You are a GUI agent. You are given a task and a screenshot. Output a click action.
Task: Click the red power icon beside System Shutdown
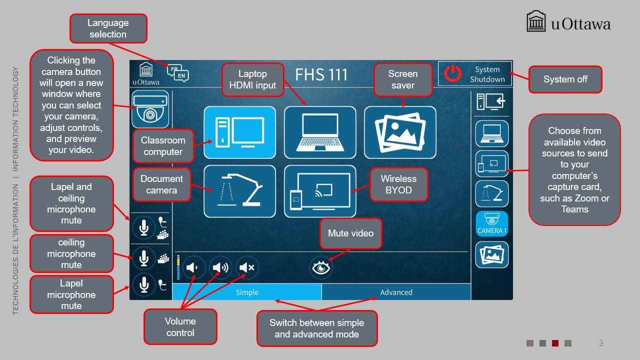click(452, 73)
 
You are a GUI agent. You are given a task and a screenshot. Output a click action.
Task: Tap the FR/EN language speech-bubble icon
click(177, 73)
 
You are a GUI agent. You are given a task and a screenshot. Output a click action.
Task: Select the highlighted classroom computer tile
click(239, 132)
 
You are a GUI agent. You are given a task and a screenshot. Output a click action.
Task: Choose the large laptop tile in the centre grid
click(320, 132)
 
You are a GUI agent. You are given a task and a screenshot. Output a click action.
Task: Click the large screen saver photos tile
click(400, 132)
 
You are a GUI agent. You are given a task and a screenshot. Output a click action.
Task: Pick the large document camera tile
click(239, 191)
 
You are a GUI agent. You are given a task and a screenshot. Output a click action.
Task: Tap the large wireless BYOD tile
click(320, 191)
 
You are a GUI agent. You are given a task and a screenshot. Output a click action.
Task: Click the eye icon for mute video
click(321, 267)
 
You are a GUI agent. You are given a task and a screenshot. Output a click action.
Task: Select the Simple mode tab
click(247, 292)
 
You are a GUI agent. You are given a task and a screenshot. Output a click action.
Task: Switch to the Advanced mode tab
click(396, 292)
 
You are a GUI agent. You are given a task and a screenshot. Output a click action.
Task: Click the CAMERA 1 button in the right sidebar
click(491, 223)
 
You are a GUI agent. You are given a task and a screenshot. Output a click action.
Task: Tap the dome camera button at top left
click(150, 109)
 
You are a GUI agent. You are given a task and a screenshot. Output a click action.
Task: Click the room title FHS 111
click(321, 75)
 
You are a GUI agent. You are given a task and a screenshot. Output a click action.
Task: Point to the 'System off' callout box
click(565, 79)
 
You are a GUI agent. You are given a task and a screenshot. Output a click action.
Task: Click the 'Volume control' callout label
click(180, 327)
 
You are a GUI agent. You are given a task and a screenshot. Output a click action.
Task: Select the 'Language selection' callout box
click(108, 28)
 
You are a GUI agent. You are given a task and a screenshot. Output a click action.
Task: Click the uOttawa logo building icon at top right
click(536, 21)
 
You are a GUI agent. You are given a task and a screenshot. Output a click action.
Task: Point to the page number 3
click(601, 343)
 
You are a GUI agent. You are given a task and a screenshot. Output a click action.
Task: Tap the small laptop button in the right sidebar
click(491, 133)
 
